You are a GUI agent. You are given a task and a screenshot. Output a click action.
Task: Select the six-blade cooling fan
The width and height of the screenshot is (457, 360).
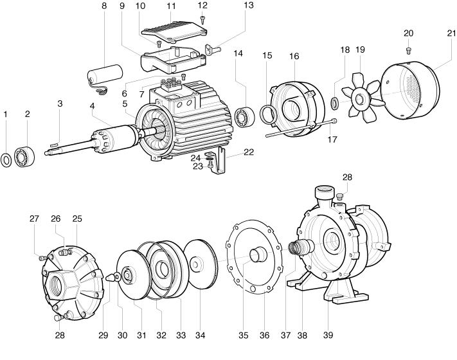pos(361,94)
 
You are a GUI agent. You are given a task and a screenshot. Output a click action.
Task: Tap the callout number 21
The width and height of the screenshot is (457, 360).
pos(451,33)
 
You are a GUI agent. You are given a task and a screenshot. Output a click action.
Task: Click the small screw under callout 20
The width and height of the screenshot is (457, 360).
pos(409,51)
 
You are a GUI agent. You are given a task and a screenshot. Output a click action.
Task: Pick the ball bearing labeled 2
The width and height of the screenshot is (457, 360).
pos(24,156)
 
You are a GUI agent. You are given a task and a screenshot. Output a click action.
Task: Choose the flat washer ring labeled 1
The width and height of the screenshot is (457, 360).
pos(6,159)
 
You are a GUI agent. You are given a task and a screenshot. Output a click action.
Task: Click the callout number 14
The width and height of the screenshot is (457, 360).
pos(238,53)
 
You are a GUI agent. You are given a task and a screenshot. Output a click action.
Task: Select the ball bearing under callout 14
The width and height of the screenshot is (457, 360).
pos(245,117)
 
